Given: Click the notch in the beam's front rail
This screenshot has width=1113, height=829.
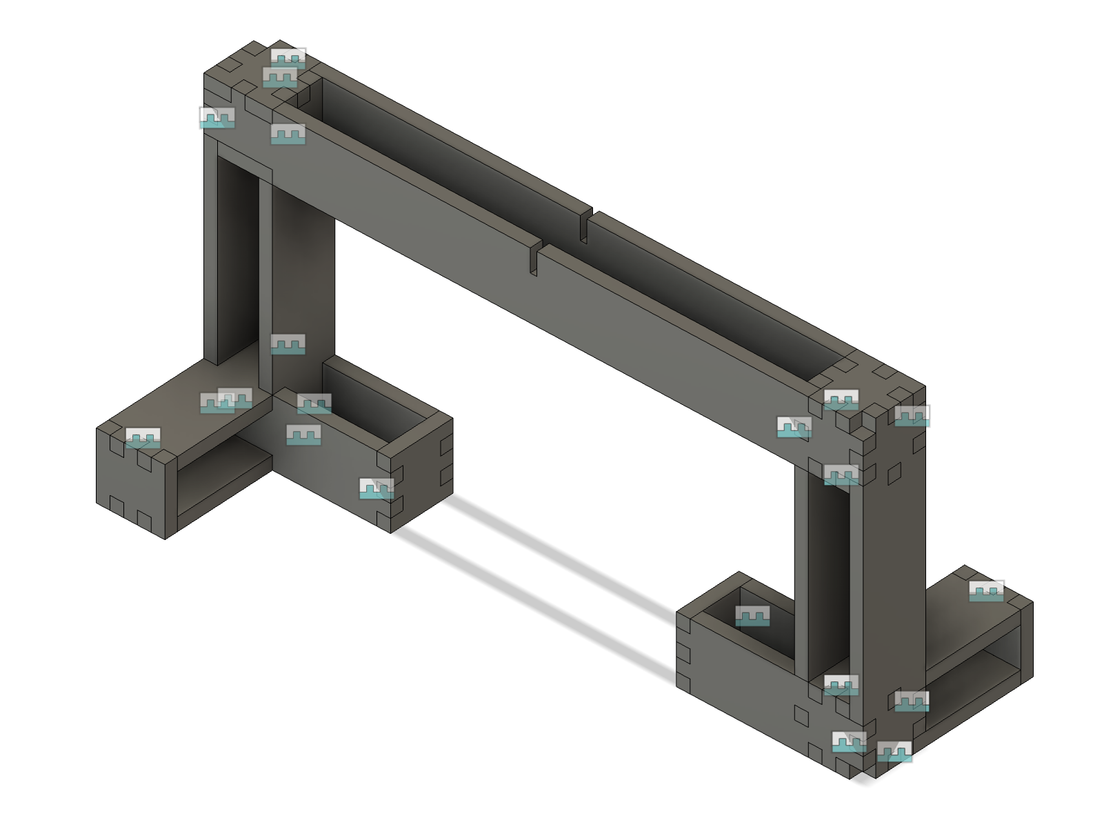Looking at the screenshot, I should coord(534,259).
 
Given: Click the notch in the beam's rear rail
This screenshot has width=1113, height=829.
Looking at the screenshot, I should coord(584,226).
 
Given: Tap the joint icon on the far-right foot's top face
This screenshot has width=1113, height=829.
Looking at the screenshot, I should coord(986,590).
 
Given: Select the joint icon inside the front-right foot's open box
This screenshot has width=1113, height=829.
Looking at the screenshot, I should coord(752,615).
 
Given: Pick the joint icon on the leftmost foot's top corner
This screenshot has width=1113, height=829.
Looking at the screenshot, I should coord(143,438).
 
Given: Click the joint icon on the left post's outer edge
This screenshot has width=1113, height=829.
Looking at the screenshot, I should coord(217,117).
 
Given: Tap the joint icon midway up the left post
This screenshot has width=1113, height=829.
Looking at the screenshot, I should coord(288,343).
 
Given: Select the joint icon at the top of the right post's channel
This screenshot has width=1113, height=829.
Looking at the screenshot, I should coord(841,475).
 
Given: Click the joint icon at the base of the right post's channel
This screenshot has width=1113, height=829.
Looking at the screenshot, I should coord(841,685).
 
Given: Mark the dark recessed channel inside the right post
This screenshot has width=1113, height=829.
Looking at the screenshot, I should coord(828,579).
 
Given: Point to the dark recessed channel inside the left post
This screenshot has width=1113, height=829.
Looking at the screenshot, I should coord(238,262).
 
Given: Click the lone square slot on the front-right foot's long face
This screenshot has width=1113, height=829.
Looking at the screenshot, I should coord(801,716).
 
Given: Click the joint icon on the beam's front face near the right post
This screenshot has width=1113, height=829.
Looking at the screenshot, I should coord(794,427).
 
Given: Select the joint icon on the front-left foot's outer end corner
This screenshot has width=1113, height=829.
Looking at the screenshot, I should coord(377,488).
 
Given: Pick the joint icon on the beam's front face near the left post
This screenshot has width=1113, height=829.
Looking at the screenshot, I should coord(288,134).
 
